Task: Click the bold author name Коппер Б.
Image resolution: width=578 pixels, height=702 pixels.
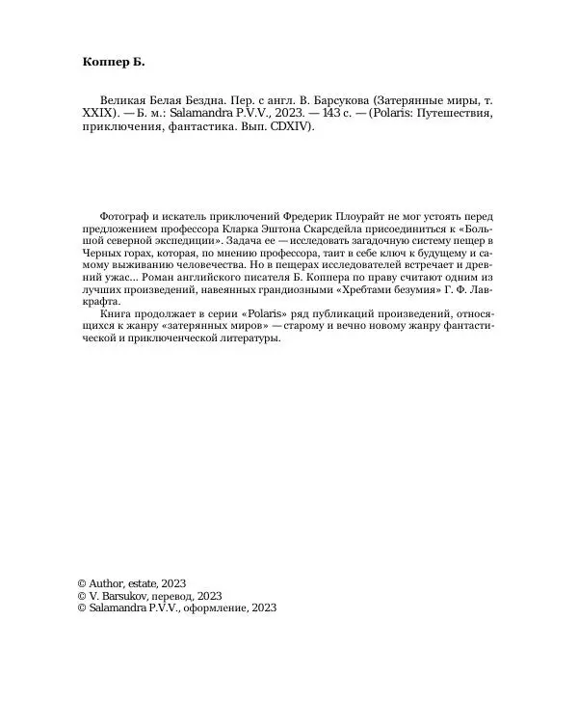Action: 114,62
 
